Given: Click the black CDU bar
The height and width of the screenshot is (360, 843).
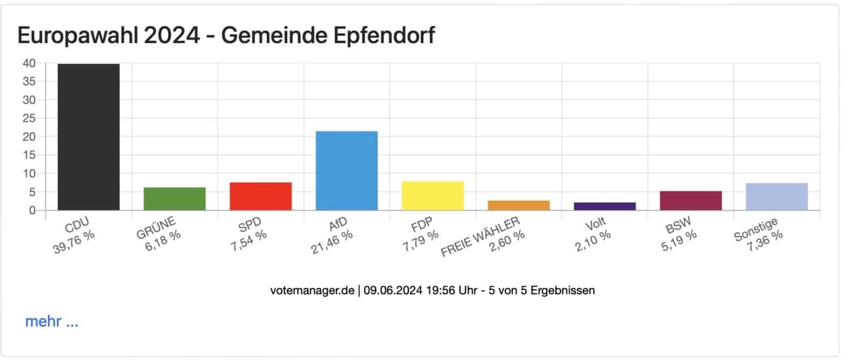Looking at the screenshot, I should [89, 137].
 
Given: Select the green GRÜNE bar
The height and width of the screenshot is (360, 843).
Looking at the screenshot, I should [174, 199].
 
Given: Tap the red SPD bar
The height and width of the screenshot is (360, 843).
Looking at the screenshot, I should [260, 196].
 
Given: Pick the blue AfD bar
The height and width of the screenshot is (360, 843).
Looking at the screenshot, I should [346, 171].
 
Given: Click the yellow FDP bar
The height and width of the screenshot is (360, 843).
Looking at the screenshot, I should [433, 196].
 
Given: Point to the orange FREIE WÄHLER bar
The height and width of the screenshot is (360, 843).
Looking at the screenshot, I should [518, 205].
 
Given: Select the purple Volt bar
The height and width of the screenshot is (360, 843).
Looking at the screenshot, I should [604, 206].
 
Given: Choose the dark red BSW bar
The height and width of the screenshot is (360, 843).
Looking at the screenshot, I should [690, 200].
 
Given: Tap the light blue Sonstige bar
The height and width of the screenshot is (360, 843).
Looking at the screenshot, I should [777, 197].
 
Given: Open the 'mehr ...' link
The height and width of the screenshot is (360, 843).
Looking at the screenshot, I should [52, 322].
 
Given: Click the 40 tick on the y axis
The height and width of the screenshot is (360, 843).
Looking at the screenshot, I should [29, 63].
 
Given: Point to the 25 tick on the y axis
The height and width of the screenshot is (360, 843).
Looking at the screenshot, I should [29, 118].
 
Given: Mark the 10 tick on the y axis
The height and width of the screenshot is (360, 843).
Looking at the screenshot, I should [29, 173].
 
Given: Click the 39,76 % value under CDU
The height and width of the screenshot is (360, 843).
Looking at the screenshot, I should [74, 242].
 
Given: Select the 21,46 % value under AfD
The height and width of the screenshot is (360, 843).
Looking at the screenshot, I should [331, 242].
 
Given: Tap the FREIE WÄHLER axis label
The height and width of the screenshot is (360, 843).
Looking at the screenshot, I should [480, 237].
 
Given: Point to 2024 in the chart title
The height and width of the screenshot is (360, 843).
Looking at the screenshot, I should [172, 35].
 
